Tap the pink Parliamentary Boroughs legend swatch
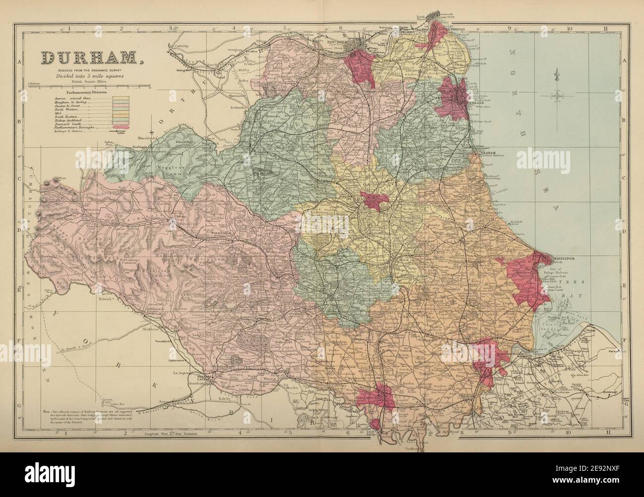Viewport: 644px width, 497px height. pos(120,127)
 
